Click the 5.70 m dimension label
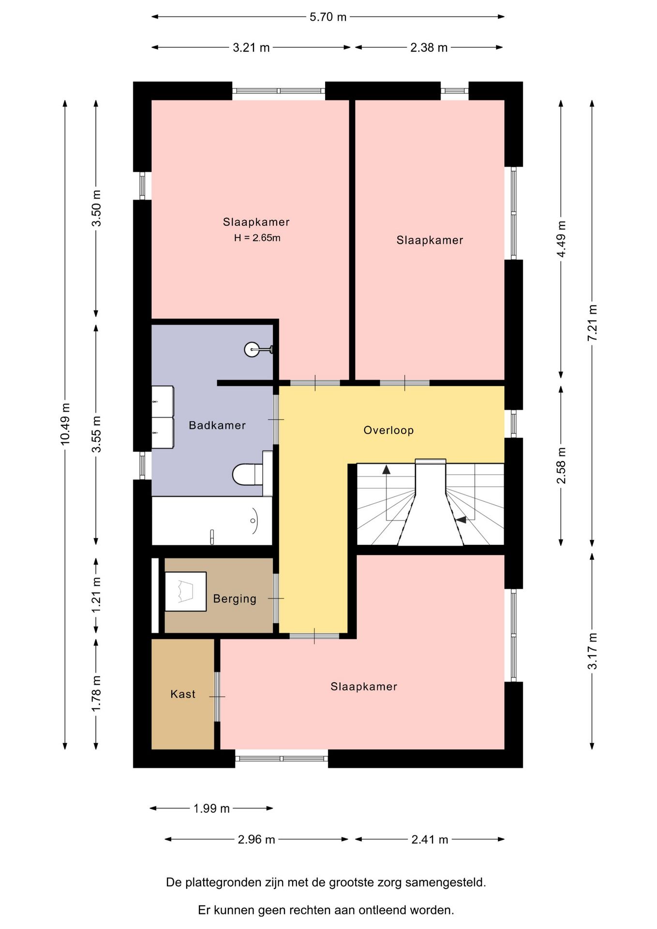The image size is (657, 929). [x=328, y=17]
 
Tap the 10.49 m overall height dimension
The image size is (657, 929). [x=65, y=424]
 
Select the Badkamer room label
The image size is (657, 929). [x=217, y=425]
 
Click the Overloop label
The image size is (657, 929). [x=388, y=430]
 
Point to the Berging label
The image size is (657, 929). [x=235, y=599]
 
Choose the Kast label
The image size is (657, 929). [x=183, y=694]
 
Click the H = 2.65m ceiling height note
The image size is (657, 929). [x=257, y=238]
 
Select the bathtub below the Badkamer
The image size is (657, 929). [x=212, y=521]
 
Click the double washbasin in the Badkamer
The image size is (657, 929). [x=163, y=417]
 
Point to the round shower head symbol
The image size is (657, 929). [x=252, y=349]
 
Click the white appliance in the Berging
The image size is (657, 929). [x=186, y=591]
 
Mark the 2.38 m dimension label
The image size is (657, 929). [x=429, y=47]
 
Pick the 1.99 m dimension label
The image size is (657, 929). [x=211, y=809]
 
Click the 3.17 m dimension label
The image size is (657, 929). [x=592, y=651]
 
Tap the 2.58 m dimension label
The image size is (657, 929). [x=561, y=465]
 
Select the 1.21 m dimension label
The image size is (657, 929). [x=96, y=595]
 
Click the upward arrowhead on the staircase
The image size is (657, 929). [x=386, y=469]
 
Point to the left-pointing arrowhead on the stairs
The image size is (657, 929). [x=461, y=520]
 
